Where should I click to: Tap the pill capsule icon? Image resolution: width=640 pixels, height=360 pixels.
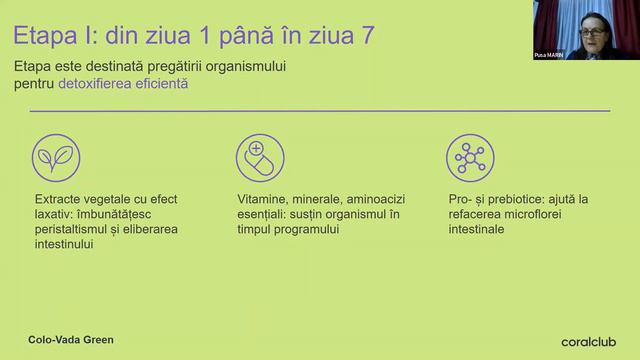tap(259, 156)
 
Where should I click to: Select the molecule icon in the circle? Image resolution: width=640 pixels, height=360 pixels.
tap(466, 156)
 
